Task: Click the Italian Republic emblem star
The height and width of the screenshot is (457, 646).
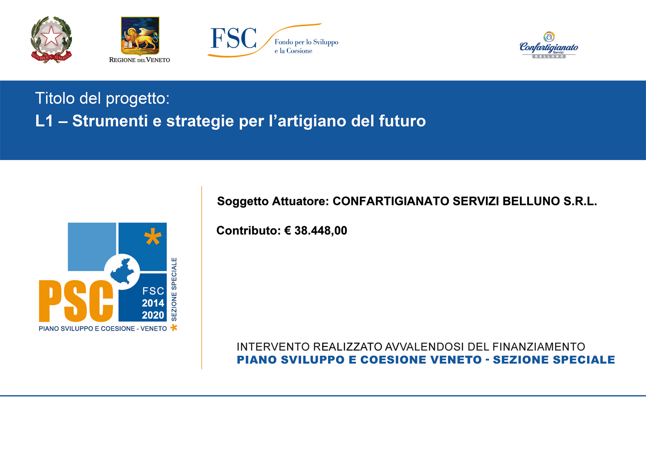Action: coord(51,36)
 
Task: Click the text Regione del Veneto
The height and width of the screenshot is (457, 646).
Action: coord(139,60)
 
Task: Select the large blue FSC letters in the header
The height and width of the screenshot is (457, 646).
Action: coord(234,38)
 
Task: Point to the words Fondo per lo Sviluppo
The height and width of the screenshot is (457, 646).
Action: coord(306,42)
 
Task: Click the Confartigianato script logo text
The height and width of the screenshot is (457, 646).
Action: coord(549,48)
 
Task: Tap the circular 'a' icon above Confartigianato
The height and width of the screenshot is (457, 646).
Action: coord(549,37)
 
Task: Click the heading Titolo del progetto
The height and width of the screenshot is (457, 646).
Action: coord(102,98)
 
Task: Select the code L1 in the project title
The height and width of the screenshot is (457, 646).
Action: coord(44,121)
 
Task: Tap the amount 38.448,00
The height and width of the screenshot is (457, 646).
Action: coord(321,231)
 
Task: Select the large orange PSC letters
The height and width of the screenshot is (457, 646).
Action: coord(76,301)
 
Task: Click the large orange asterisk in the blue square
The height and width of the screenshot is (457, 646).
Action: coord(153,237)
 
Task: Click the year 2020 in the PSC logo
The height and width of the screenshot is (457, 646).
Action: coord(153,315)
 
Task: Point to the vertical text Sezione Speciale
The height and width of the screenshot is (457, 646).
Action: coord(174,289)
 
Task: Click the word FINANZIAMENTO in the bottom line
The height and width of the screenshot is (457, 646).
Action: coord(539,346)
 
